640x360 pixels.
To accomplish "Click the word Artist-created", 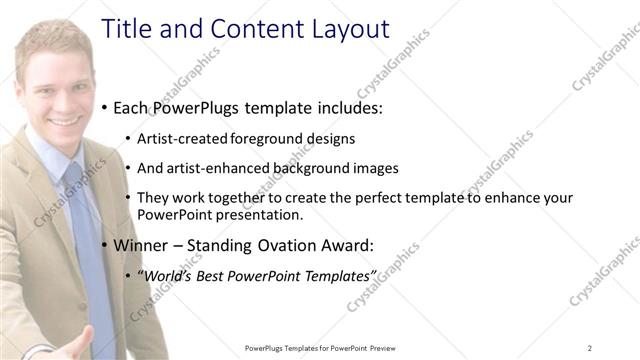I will point(181,139).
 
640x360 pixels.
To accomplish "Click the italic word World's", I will point(164,275).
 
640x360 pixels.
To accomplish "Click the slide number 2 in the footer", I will point(590,347).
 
